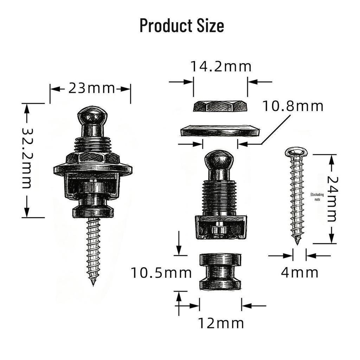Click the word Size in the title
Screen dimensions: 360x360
[210, 25]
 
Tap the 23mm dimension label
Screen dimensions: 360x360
[91, 88]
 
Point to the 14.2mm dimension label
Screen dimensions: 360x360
[221, 66]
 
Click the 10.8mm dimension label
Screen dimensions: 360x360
[293, 106]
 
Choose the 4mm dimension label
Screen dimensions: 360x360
[300, 272]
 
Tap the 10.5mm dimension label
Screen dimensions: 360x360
[161, 273]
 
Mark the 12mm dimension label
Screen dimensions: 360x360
[221, 323]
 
